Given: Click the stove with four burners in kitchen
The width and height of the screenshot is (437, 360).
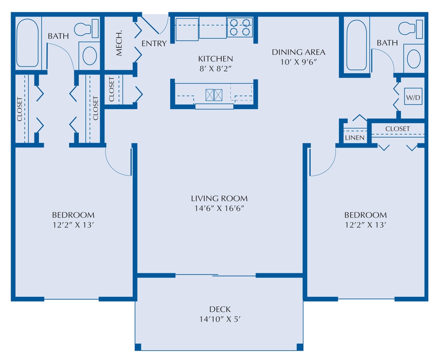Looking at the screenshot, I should click(240, 27).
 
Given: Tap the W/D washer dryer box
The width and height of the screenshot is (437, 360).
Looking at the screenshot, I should click(413, 98).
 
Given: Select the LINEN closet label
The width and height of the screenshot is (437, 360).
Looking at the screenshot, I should click(355, 138).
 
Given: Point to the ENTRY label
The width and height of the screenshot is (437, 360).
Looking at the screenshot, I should click(154, 44).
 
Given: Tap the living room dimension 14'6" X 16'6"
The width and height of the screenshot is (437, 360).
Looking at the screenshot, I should click(219, 209).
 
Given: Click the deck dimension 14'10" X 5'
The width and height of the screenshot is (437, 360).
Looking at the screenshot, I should click(220, 319).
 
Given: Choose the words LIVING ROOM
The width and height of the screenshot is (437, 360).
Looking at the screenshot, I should click(219, 198).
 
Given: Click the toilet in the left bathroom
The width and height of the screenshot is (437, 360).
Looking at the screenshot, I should click(86, 29).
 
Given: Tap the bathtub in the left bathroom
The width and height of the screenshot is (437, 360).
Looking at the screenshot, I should click(28, 43).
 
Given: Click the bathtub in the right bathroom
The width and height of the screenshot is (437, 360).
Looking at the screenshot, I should click(356, 45).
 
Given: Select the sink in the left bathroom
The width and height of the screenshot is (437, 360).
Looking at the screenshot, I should click(89, 56).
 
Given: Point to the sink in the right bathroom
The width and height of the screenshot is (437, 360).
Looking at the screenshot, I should click(414, 58).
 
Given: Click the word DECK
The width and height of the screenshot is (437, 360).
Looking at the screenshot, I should click(220, 309).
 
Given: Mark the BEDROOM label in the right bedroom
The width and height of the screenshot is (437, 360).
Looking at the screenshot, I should click(365, 215).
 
